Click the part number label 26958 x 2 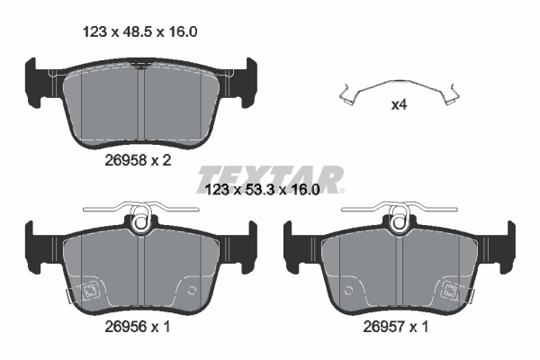(134, 160)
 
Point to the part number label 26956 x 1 (134, 328)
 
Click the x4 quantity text (400, 103)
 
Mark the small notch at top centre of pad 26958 (140, 66)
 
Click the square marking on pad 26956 (89, 290)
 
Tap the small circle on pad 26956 (190, 290)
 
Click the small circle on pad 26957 (347, 290)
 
